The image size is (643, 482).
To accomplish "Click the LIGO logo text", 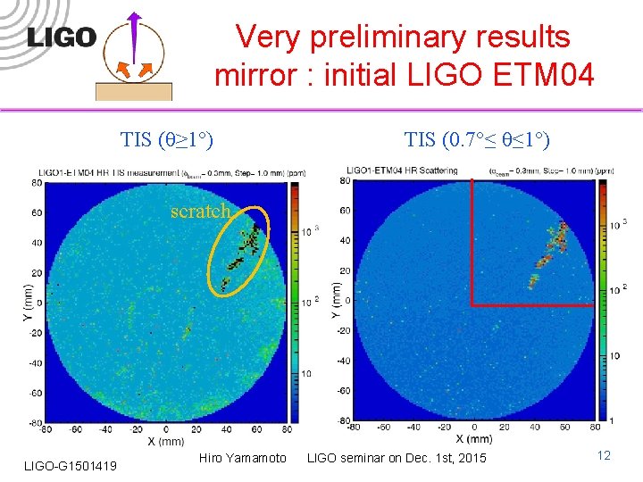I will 61,37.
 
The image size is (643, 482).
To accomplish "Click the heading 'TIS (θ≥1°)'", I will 166,139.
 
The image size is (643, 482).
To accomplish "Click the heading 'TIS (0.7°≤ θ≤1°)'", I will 477,139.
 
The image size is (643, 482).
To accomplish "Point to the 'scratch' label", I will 201,212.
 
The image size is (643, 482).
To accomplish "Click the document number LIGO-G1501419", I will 69,462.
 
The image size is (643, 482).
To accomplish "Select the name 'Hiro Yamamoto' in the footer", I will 242,458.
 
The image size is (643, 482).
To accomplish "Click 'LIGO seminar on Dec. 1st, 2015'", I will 397,458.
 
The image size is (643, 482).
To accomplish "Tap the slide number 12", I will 604,456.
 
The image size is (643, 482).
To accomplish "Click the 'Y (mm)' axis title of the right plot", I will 336,300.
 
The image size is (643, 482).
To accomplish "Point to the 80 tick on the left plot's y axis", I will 36,183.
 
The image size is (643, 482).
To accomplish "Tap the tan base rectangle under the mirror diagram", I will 133,91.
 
